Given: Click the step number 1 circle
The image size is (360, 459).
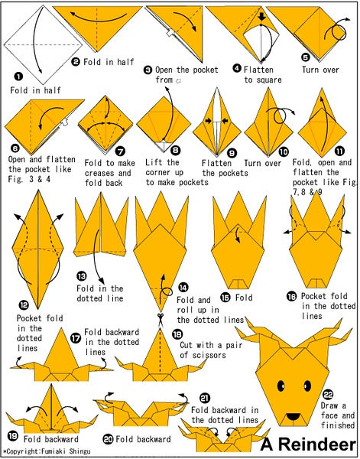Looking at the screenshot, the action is (x=18, y=77).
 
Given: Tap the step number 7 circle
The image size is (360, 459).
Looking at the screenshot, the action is (x=120, y=151).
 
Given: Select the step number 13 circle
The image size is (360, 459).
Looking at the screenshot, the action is (x=82, y=276).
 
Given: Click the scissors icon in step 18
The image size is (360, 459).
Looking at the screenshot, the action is (x=161, y=319).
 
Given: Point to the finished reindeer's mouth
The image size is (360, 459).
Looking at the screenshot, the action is (x=293, y=416).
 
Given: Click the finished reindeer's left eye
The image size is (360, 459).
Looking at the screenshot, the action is (x=281, y=386).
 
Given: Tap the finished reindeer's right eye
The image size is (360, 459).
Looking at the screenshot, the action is (x=307, y=386).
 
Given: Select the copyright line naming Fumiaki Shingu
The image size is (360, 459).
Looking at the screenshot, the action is (x=47, y=451).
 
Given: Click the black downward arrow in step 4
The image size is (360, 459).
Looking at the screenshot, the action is (x=261, y=17).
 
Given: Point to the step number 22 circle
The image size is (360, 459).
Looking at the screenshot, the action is (x=328, y=396).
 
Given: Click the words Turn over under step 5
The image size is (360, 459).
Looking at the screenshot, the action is (x=320, y=70).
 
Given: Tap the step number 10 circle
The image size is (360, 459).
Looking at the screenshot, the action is (x=284, y=151).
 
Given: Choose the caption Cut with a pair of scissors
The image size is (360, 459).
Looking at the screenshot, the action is (x=211, y=350).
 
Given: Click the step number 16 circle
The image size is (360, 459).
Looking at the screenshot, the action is (x=291, y=297).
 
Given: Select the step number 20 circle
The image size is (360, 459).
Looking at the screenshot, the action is (x=108, y=439).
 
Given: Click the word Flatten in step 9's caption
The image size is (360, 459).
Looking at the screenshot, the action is (x=216, y=163).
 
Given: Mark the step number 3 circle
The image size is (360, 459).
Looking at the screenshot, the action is (x=148, y=70).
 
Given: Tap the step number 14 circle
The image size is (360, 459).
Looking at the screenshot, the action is (x=183, y=288).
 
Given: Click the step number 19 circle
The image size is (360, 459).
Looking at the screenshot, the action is (x=12, y=437).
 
